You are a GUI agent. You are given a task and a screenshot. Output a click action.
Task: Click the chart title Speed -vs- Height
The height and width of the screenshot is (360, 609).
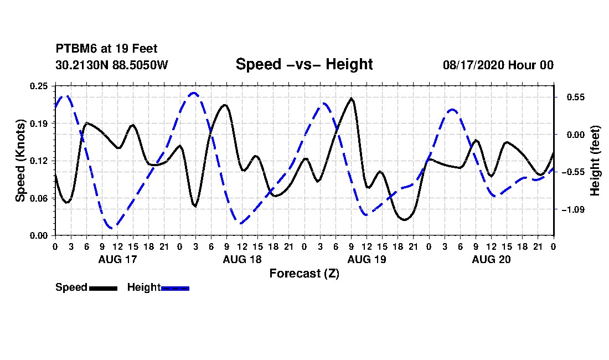304,64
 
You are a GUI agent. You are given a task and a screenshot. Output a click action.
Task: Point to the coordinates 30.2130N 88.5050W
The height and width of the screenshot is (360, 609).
112,65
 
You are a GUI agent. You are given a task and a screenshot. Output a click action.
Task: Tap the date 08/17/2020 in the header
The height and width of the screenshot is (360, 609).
473,65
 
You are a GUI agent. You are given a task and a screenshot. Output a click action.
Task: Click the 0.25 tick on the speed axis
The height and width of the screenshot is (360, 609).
39,86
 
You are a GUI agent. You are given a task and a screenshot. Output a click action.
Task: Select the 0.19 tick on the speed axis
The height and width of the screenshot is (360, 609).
39,124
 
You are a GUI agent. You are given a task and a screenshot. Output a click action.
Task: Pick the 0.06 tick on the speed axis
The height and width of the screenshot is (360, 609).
39,198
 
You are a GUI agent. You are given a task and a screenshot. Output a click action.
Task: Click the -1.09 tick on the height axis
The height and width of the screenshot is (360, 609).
572,210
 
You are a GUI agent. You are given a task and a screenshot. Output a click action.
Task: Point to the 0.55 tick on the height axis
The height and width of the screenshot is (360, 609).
576,97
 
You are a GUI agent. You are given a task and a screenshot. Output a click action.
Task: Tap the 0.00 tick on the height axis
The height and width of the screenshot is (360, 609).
576,135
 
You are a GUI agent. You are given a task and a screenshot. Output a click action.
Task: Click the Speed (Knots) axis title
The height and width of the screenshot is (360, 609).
20,161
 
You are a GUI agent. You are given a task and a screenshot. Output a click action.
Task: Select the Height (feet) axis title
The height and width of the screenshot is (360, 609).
595,161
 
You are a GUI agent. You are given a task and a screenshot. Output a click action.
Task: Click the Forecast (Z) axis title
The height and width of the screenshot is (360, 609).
304,274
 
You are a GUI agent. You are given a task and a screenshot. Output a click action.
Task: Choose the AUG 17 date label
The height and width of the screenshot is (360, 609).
118,259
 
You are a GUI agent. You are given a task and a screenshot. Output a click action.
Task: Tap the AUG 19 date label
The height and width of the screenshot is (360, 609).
367,259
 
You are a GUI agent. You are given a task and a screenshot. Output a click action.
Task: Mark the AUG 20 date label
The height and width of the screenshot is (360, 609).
491,259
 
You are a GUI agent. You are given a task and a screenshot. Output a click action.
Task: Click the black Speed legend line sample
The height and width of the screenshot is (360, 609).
104,288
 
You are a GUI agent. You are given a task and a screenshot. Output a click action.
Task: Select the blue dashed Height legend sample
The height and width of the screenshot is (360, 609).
175,288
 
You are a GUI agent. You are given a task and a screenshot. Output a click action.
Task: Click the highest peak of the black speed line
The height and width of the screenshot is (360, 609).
352,98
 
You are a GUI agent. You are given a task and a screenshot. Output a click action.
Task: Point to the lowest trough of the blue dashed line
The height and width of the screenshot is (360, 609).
112,228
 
